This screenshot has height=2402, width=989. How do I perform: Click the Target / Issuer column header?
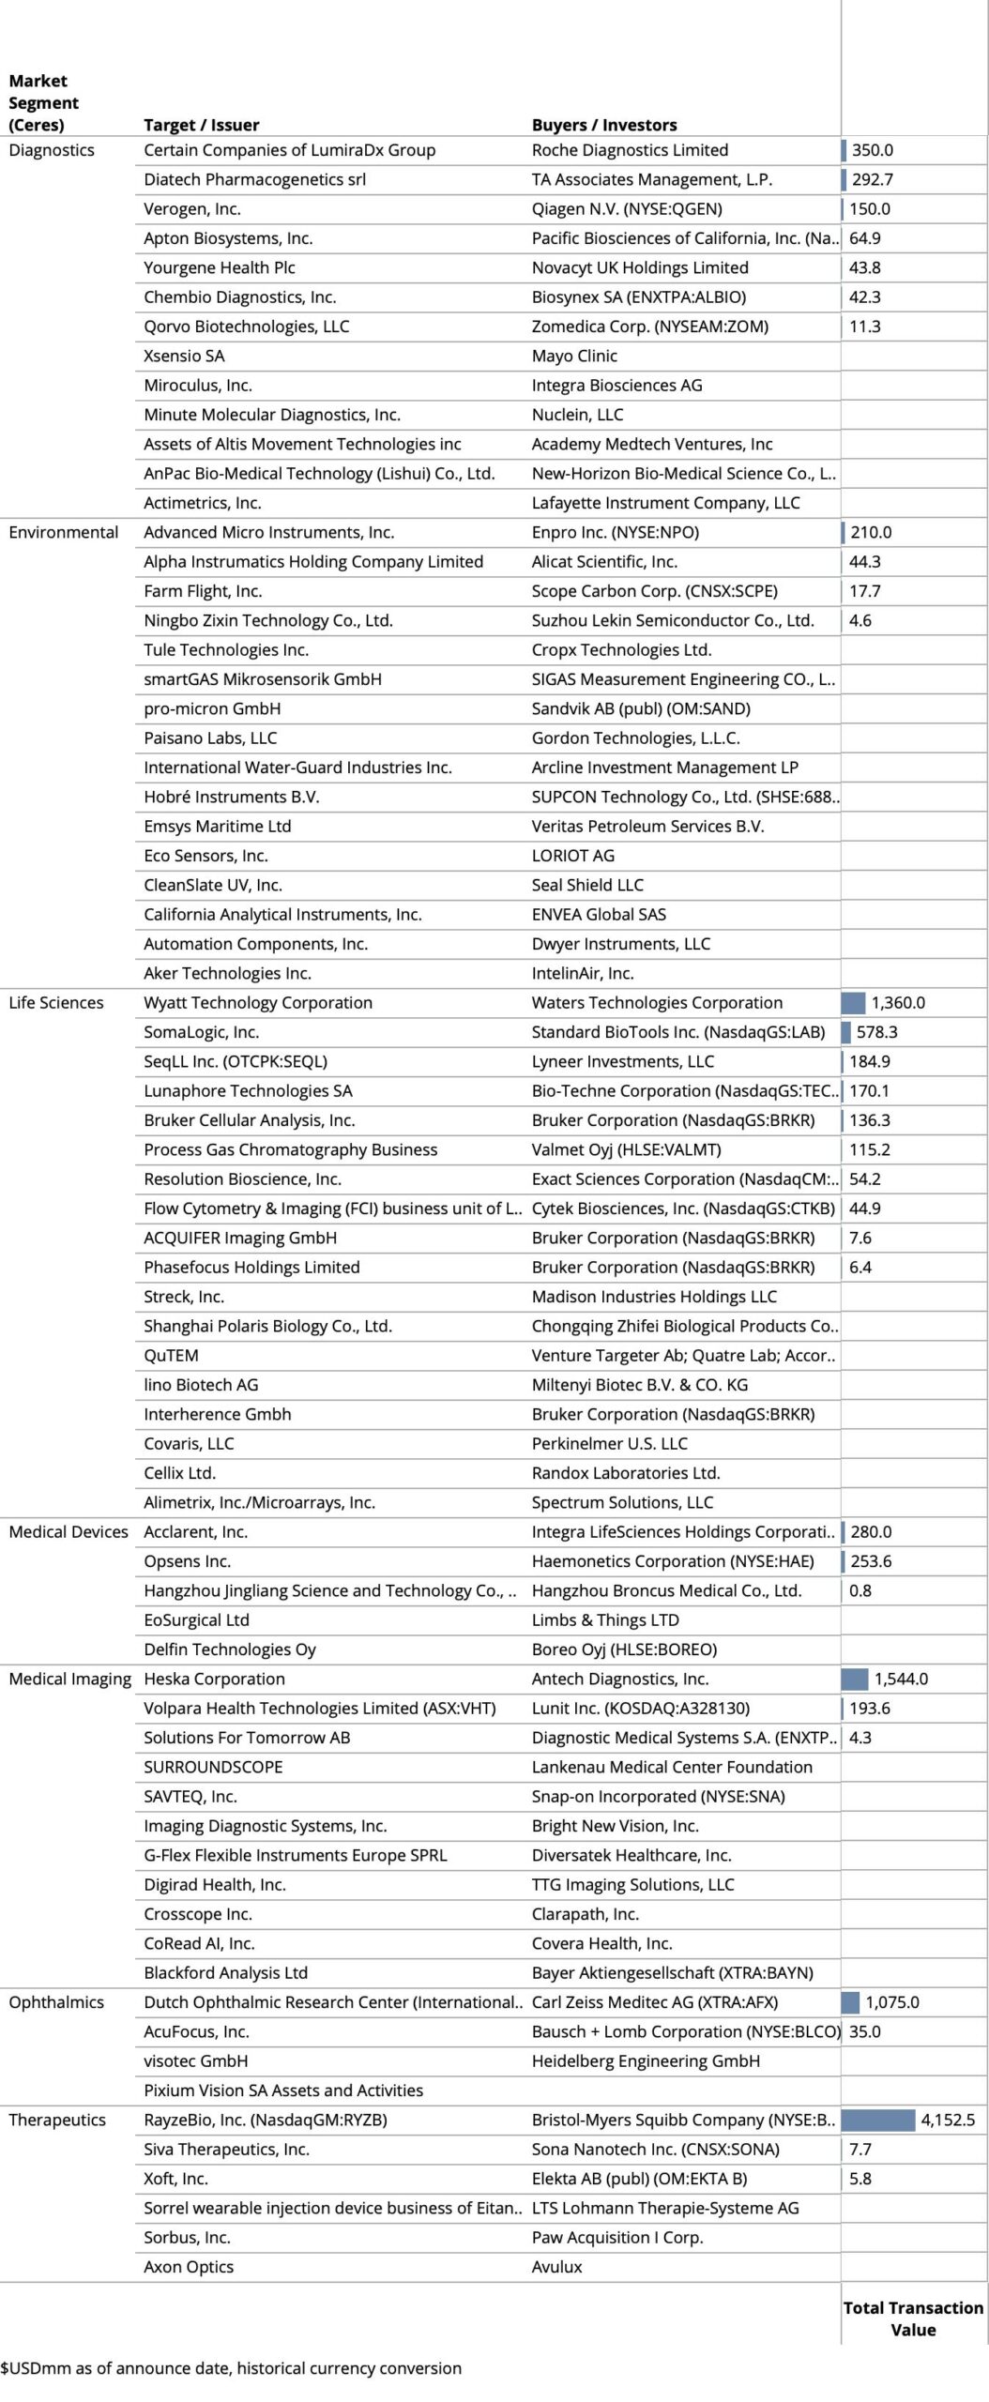tap(201, 125)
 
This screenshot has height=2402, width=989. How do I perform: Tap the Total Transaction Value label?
tap(913, 2318)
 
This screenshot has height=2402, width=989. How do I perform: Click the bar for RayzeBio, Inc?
tap(877, 2120)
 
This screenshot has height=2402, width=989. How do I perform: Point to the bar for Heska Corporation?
tap(855, 1679)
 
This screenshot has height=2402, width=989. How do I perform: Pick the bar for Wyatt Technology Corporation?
tap(853, 1002)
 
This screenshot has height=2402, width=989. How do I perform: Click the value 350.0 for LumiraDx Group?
tap(872, 150)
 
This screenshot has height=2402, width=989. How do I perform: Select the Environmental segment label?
tap(63, 532)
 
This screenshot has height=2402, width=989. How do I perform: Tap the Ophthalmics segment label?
tap(56, 2002)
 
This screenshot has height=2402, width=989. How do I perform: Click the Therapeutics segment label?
tap(57, 2120)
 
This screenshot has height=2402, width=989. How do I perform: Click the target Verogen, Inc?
tap(191, 209)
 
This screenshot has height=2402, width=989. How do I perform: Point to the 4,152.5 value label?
tap(948, 2120)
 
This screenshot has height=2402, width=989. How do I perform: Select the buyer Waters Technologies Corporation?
tap(657, 1002)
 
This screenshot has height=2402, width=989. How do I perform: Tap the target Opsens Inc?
tap(187, 1561)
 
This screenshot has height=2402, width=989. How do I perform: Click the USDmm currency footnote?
tap(231, 2368)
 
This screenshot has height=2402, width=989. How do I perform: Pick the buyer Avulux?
tap(556, 2267)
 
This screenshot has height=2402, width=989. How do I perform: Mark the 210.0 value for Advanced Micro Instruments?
tap(871, 532)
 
